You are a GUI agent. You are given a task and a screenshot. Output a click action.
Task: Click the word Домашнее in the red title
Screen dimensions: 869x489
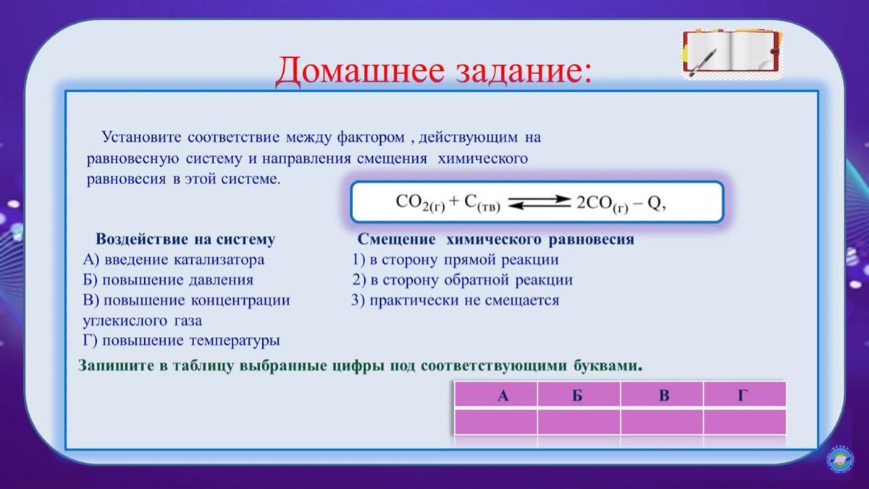360,72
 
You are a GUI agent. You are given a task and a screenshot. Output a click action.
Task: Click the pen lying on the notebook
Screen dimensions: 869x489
702,62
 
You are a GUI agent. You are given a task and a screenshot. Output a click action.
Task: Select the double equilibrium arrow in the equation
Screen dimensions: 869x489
540,203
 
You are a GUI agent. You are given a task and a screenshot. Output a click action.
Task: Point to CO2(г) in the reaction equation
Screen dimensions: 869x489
420,203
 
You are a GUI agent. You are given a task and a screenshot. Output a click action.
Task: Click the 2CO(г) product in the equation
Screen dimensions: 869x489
602,203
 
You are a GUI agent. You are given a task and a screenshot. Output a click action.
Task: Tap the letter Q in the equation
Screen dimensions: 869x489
654,203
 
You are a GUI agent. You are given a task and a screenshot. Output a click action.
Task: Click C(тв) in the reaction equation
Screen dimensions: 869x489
482,203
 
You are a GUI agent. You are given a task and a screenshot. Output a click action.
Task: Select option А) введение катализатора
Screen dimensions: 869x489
173,260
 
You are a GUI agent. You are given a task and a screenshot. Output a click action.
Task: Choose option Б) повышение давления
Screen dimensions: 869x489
168,280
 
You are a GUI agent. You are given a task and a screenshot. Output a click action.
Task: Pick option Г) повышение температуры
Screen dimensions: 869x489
181,341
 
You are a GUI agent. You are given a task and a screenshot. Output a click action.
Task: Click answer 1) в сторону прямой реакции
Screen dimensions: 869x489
456,260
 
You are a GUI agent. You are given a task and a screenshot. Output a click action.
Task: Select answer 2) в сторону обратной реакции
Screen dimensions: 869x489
463,280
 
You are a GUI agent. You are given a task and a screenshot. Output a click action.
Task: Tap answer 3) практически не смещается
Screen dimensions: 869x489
456,300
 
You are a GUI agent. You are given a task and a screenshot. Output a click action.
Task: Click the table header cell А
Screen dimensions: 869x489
496,394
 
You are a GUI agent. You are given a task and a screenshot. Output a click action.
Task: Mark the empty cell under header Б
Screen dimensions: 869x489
579,422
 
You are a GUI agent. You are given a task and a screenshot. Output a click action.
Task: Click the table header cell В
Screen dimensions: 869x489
662,394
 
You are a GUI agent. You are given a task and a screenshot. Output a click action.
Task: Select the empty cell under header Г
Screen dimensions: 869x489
745,422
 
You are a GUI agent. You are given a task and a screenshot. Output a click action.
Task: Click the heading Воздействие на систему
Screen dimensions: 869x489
185,239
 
